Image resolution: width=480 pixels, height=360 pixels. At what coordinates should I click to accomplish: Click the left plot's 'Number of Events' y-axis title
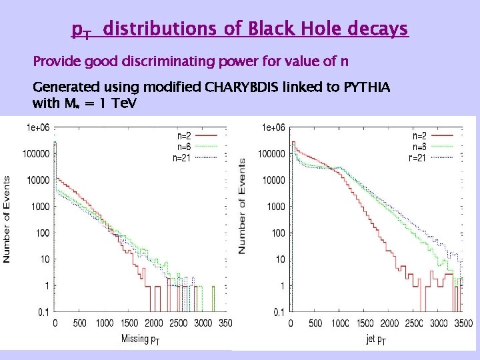coord(7,219)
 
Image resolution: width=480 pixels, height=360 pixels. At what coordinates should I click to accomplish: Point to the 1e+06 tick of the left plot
coord(38,127)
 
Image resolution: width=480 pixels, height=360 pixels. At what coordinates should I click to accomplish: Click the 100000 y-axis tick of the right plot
coord(273,154)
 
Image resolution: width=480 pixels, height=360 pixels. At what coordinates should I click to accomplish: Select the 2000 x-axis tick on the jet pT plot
coord(389,324)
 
